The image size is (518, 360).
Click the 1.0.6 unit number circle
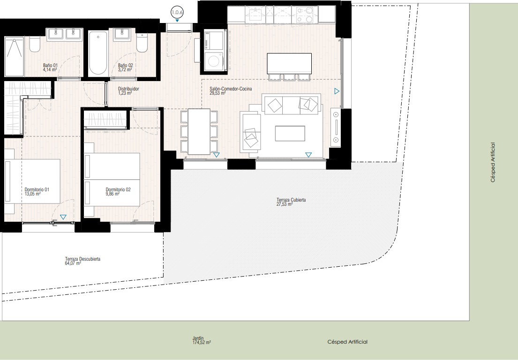[x=177, y=13]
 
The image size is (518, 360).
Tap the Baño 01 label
[x=50, y=66]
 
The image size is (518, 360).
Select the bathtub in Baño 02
[x=98, y=53]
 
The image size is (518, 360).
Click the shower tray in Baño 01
[x=14, y=56]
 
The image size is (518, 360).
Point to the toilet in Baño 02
[x=142, y=43]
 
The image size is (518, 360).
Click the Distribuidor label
[x=128, y=89]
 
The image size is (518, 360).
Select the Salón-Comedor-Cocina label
[x=231, y=89]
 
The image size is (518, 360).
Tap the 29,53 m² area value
[x=218, y=93]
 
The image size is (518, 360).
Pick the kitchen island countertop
[x=289, y=64]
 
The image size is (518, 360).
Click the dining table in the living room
[x=199, y=131]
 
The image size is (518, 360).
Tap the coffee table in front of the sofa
[x=290, y=134]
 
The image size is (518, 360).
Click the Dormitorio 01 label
[x=37, y=189]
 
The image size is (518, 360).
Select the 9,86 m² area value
[x=113, y=194]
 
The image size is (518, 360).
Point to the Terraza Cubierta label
[x=291, y=200]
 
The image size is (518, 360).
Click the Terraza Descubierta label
[x=83, y=259]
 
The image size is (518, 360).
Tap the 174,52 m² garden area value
[x=202, y=343]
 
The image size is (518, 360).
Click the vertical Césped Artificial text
[x=493, y=162]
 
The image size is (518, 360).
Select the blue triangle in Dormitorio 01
[x=63, y=217]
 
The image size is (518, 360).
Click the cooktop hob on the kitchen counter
[x=305, y=15]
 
